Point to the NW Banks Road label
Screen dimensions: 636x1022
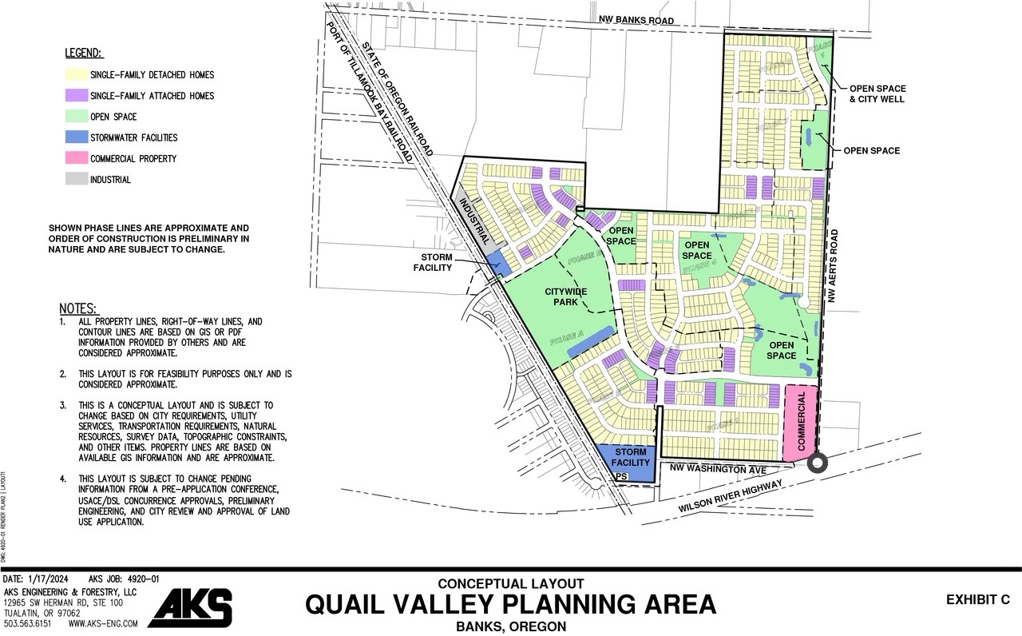pyautogui.click(x=638, y=21)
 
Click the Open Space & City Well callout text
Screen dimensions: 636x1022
pyautogui.click(x=876, y=93)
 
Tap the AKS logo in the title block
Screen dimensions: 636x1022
pyautogui.click(x=190, y=608)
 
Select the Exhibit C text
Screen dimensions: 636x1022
pyautogui.click(x=977, y=599)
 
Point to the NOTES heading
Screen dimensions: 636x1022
pyautogui.click(x=78, y=308)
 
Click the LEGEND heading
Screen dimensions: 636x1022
pyautogui.click(x=83, y=54)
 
